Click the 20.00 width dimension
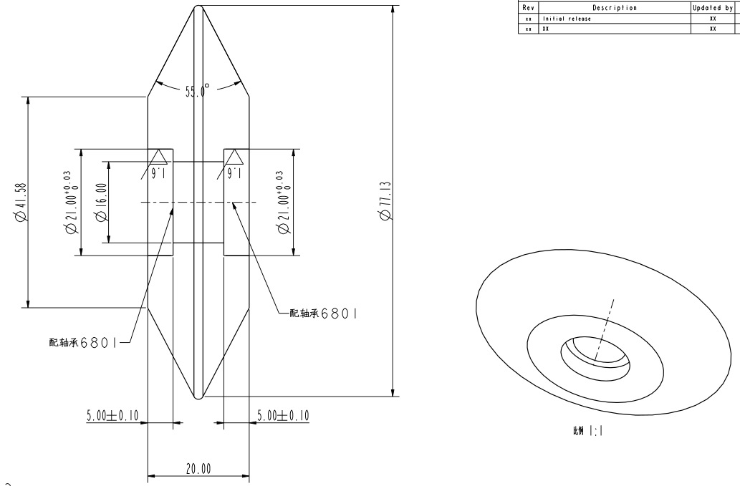click(198, 470)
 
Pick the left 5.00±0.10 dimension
click(112, 415)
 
